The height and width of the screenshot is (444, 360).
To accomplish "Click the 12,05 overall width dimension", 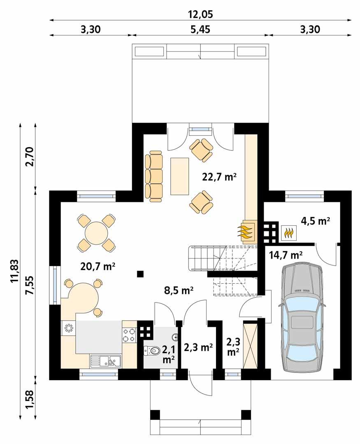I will click(201, 14).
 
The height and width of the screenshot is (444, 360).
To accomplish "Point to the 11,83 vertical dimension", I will click(14, 271).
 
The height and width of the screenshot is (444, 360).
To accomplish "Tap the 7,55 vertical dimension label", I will click(29, 283).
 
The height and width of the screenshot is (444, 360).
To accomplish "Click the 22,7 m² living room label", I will click(219, 177).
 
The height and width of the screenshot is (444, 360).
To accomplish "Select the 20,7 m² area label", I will click(98, 267).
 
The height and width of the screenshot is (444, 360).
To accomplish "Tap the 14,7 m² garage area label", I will click(286, 254).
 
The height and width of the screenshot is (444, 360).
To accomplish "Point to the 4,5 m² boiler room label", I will click(316, 221).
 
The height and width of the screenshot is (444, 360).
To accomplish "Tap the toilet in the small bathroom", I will click(153, 351).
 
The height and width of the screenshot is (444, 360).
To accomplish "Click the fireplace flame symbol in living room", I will click(246, 231).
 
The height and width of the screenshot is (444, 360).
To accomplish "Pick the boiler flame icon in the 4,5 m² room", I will click(289, 233).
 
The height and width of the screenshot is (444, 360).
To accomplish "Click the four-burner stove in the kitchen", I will click(129, 335).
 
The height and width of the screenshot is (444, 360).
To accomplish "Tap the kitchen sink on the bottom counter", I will click(105, 361).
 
